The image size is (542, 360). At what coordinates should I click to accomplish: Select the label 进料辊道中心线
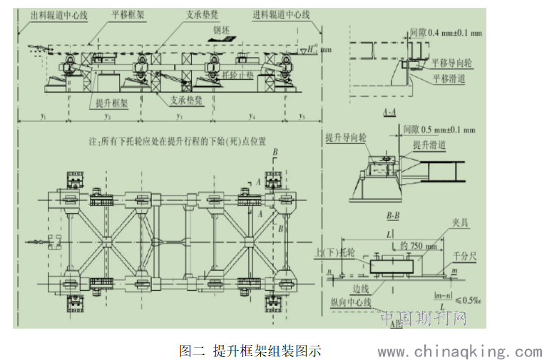pyautogui.click(x=282, y=14)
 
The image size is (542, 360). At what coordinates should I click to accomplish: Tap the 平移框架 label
pyautogui.click(x=128, y=14)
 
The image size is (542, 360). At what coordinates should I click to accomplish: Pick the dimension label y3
pyautogui.click(x=180, y=115)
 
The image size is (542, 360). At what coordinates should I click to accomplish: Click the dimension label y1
pyautogui.click(x=44, y=115)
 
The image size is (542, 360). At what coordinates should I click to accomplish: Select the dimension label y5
pyautogui.click(x=302, y=115)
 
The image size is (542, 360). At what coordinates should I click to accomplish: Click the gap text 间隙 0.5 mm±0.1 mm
pyautogui.click(x=438, y=130)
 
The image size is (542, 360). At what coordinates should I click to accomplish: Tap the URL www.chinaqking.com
pyautogui.click(x=460, y=351)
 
